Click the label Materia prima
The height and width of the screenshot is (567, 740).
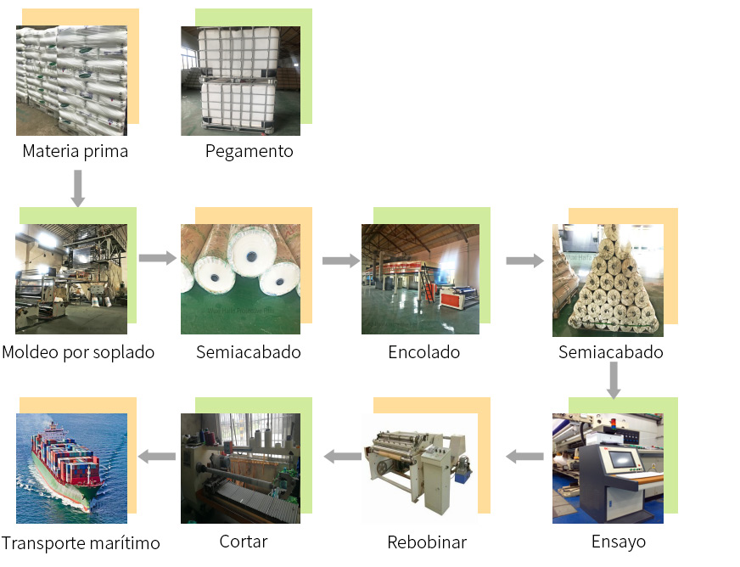[76, 152]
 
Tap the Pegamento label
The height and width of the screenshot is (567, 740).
[249, 152]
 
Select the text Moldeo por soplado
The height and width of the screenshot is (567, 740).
[78, 351]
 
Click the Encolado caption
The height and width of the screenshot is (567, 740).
[423, 351]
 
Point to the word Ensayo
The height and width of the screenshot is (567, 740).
[618, 542]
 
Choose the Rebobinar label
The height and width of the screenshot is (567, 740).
[426, 542]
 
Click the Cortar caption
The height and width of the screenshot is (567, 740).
[243, 542]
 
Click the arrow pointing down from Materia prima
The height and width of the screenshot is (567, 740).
[77, 188]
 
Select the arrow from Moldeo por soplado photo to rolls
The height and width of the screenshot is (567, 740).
[157, 257]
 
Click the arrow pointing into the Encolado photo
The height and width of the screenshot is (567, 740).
[341, 260]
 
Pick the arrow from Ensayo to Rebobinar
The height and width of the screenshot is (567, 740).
[524, 457]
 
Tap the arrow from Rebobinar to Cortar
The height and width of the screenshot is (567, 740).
[342, 457]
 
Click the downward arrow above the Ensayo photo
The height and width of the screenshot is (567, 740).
[614, 380]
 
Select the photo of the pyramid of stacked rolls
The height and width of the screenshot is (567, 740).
[608, 280]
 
